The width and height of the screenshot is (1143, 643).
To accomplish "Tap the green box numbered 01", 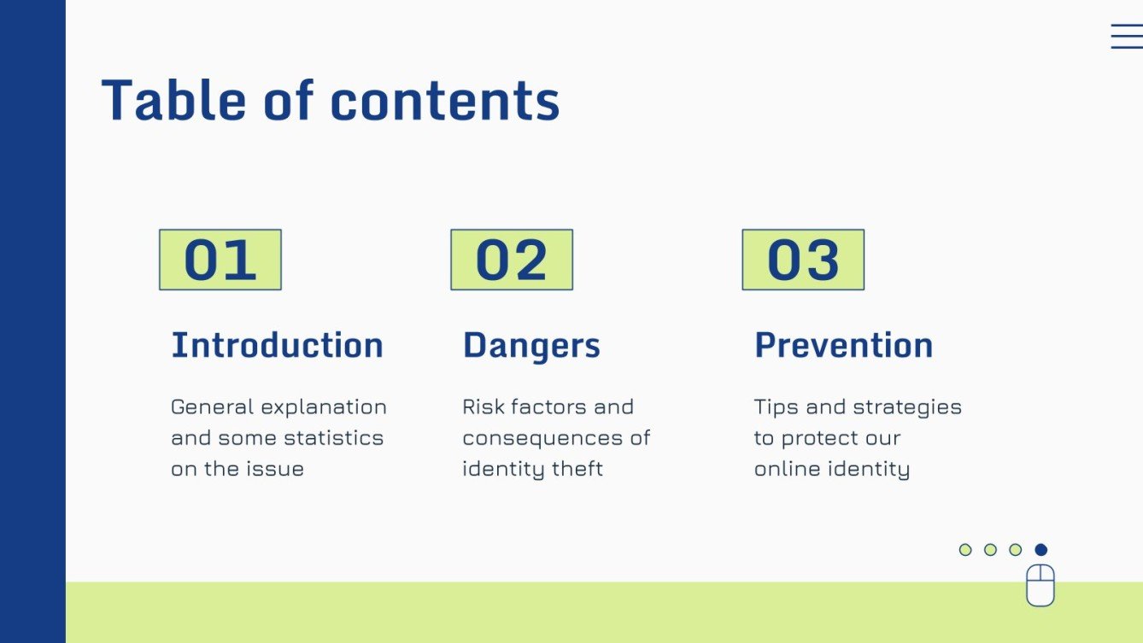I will pyautogui.click(x=220, y=260).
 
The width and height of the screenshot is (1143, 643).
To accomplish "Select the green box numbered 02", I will pyautogui.click(x=512, y=260).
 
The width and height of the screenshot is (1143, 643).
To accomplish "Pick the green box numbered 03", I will pyautogui.click(x=803, y=260).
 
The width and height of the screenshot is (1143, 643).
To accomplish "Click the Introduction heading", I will pyautogui.click(x=277, y=345).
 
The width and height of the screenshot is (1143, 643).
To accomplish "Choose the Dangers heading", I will pyautogui.click(x=531, y=345).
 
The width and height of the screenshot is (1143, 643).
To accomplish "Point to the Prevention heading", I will pyautogui.click(x=843, y=345).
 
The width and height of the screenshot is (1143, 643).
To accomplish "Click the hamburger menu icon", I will pyautogui.click(x=1126, y=36).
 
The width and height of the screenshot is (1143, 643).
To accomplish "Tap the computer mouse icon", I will pyautogui.click(x=1040, y=585).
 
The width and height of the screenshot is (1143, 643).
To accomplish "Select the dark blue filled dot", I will pyautogui.click(x=1040, y=550).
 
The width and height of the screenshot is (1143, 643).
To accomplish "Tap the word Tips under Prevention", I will pyautogui.click(x=774, y=407).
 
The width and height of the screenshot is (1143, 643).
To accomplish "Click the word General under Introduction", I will pyautogui.click(x=212, y=407).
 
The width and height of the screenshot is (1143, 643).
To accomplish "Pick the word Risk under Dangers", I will pyautogui.click(x=483, y=407).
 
